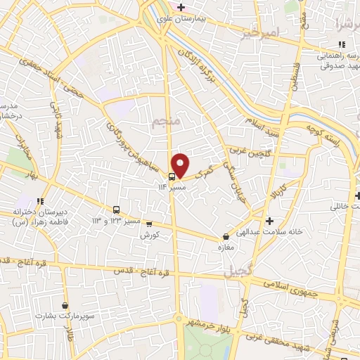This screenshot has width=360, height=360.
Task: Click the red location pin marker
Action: pyautogui.click(x=180, y=165)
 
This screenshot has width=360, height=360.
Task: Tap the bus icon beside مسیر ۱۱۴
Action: pyautogui.click(x=173, y=176)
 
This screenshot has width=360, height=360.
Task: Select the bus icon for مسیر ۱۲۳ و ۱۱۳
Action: pyautogui.click(x=116, y=210)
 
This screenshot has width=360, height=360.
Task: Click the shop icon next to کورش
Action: pyautogui.click(x=148, y=224)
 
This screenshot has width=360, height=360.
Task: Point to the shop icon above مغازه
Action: pyautogui.click(x=225, y=237)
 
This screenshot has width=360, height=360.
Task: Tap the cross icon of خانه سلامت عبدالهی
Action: pyautogui.click(x=269, y=221)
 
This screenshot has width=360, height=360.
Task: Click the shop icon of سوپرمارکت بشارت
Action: pyautogui.click(x=65, y=306)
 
